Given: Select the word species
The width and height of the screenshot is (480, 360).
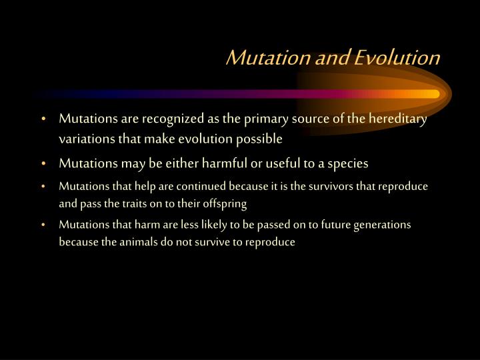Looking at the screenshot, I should (x=347, y=163).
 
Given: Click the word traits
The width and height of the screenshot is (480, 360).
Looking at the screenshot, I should (x=141, y=204).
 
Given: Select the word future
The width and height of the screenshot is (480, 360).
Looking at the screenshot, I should (x=337, y=225).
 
